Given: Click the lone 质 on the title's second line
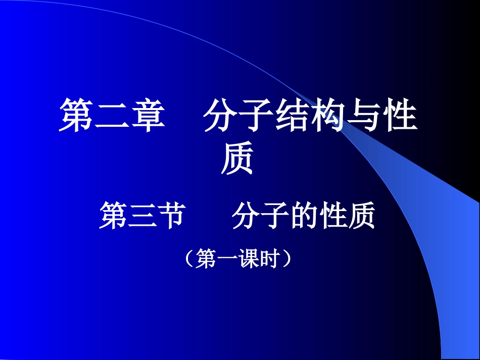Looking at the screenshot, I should [237, 160].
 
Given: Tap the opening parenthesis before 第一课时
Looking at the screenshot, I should [190, 259].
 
